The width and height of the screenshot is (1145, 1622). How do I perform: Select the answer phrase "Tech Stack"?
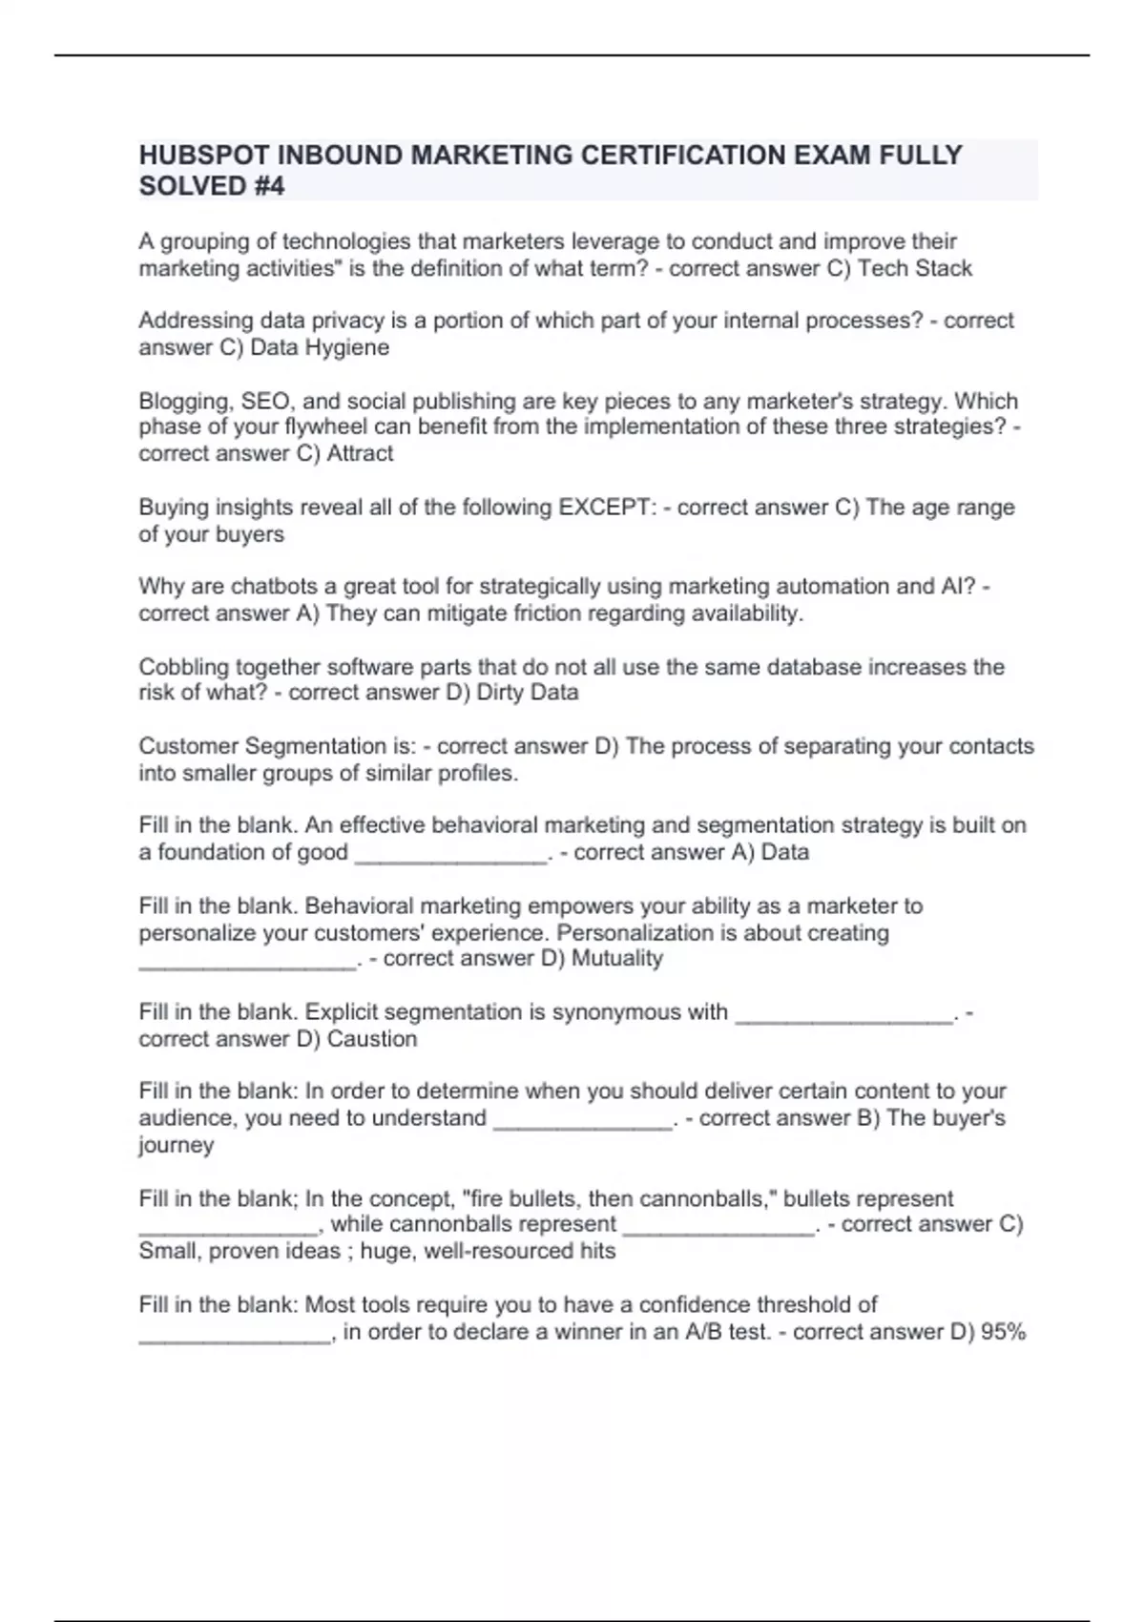point(914,268)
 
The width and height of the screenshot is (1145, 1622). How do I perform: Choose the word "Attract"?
point(360,453)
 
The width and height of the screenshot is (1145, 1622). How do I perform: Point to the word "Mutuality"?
point(616,958)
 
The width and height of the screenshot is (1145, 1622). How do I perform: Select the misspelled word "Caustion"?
point(371,1038)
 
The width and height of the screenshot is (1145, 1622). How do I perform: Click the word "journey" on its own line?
point(176,1145)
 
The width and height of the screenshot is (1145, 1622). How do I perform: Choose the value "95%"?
point(1003,1331)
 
